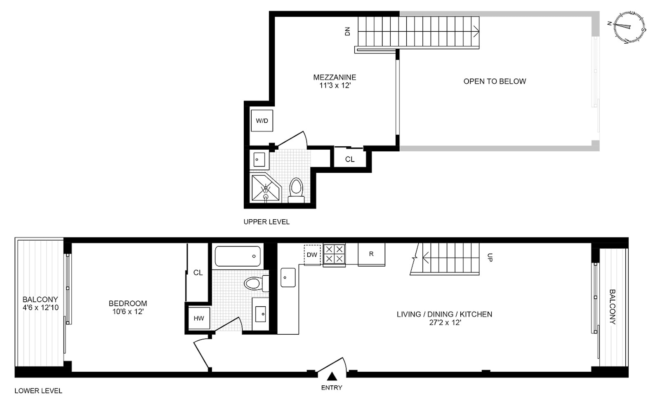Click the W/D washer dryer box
pyautogui.click(x=262, y=121)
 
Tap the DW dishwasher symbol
pyautogui.click(x=312, y=255)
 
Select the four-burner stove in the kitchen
pyautogui.click(x=334, y=254)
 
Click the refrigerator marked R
pyautogui.click(x=371, y=254)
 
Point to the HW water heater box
pyautogui.click(x=199, y=318)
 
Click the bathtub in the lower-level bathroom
pyautogui.click(x=238, y=256)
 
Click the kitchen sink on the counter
pyautogui.click(x=288, y=277)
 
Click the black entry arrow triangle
pyautogui.click(x=332, y=376)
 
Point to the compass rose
pyautogui.click(x=629, y=27)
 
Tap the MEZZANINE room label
pyautogui.click(x=335, y=77)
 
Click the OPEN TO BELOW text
pyautogui.click(x=495, y=81)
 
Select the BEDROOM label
pyautogui.click(x=127, y=303)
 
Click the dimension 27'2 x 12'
pyautogui.click(x=445, y=323)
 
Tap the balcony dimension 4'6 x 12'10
pyautogui.click(x=40, y=307)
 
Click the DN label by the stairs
pyautogui.click(x=347, y=31)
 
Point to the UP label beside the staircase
pyautogui.click(x=490, y=257)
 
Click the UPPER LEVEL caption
pyautogui.click(x=266, y=222)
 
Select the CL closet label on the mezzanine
pyautogui.click(x=350, y=159)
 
